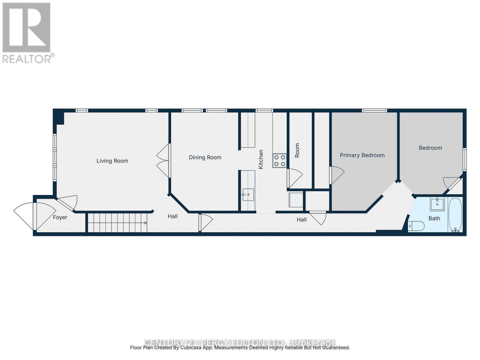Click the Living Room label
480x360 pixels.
(x=112, y=161)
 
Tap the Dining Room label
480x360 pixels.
(x=205, y=157)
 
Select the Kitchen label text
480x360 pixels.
(x=261, y=159)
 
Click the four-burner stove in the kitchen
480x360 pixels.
(x=279, y=160)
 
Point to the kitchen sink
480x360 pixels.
(x=248, y=195)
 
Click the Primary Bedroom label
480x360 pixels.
(x=362, y=155)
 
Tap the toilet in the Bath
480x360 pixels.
(x=416, y=226)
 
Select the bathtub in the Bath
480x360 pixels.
(x=455, y=215)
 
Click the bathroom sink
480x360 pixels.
(x=437, y=204)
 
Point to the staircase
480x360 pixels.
(x=117, y=223)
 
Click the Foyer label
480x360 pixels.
(x=60, y=217)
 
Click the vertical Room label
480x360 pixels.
(x=297, y=150)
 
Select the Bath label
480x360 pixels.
(x=434, y=218)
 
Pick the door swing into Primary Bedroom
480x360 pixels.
(x=337, y=175)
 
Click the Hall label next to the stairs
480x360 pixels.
(x=172, y=216)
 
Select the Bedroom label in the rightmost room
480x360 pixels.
(x=430, y=148)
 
